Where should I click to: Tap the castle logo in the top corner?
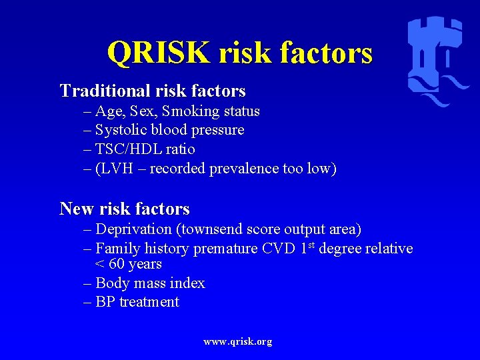tap(437, 60)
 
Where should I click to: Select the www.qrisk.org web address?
tap(238, 341)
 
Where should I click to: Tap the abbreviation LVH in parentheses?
tap(116, 169)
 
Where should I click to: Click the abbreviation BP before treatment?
tap(105, 302)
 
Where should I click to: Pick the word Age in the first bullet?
tap(109, 111)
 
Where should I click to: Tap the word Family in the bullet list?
tap(118, 249)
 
